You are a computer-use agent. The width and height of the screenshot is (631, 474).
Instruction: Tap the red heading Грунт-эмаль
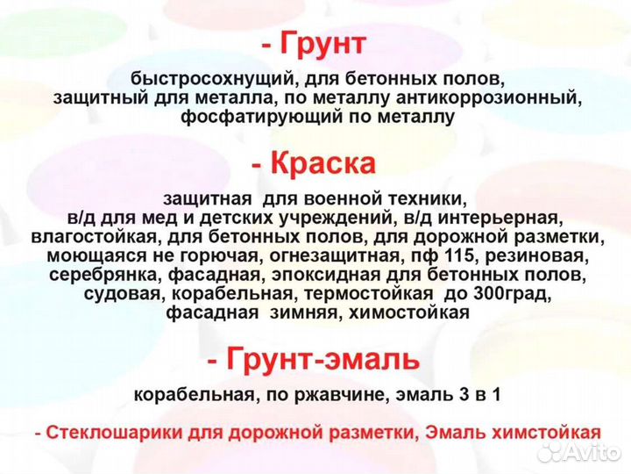[x=324, y=358]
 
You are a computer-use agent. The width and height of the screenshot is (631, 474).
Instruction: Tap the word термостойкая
[x=366, y=294]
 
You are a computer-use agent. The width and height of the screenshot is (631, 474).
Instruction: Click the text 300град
[x=504, y=294]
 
